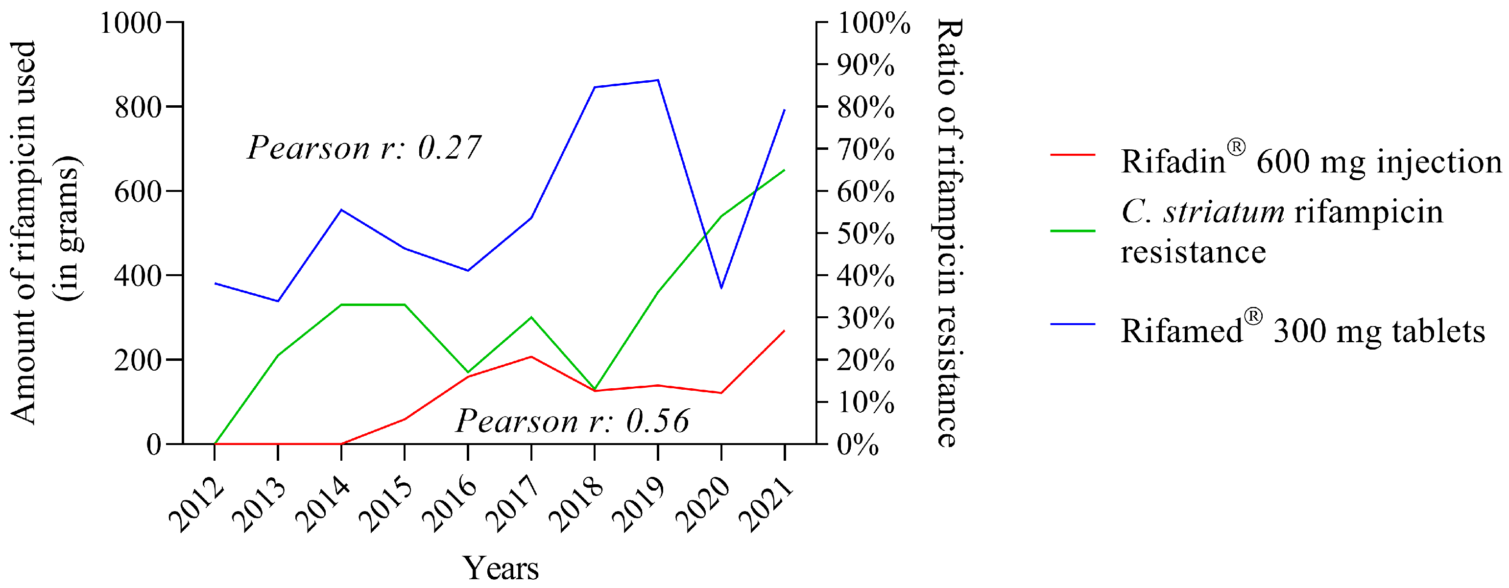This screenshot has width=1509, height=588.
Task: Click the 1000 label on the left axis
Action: click(130, 24)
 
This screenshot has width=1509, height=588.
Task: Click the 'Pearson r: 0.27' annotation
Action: click(364, 147)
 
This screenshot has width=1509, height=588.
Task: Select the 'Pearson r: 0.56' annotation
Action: click(573, 421)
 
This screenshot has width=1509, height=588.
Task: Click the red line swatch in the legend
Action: click(1073, 155)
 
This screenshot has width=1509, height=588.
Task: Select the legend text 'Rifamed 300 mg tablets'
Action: click(1303, 331)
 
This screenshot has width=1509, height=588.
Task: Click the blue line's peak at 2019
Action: click(658, 80)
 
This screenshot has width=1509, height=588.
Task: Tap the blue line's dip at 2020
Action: click(721, 287)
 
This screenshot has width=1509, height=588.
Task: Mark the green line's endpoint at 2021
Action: click(784, 170)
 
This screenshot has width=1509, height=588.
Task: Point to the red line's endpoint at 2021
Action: click(784, 331)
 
